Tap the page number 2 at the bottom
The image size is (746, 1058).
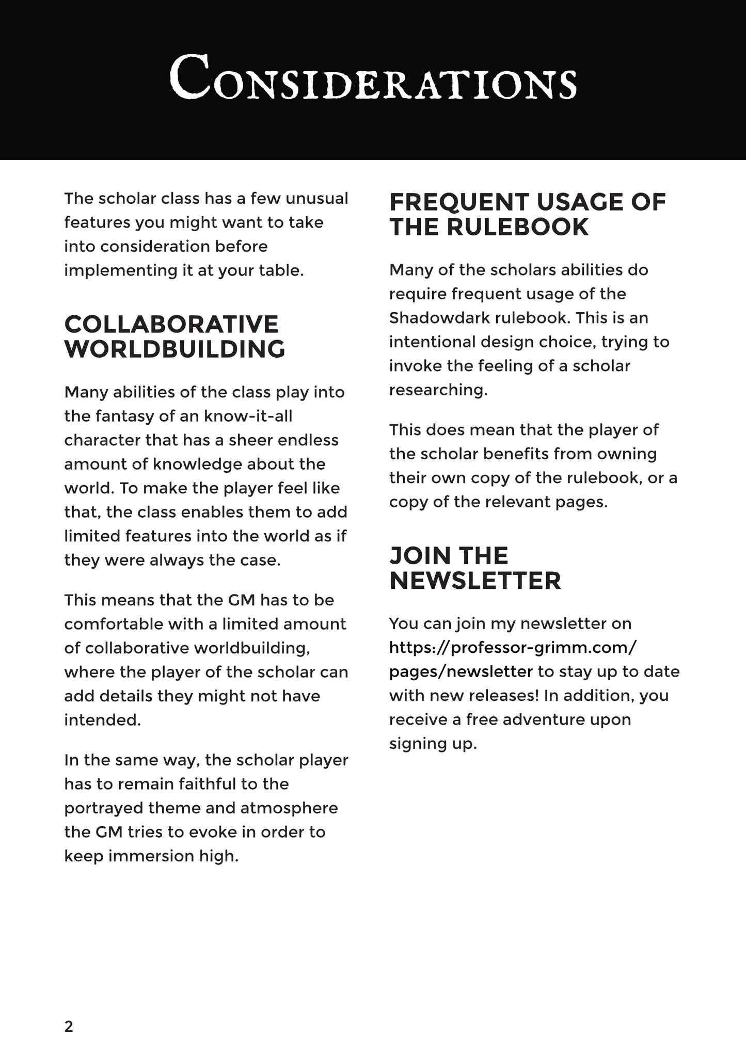[69, 1027]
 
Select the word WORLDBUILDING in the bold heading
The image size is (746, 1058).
[174, 349]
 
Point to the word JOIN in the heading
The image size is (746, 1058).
[416, 556]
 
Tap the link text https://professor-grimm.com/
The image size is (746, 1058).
[513, 647]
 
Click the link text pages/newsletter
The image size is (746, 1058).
[461, 671]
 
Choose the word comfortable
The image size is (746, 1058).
[117, 624]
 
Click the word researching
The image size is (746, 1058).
[438, 390]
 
